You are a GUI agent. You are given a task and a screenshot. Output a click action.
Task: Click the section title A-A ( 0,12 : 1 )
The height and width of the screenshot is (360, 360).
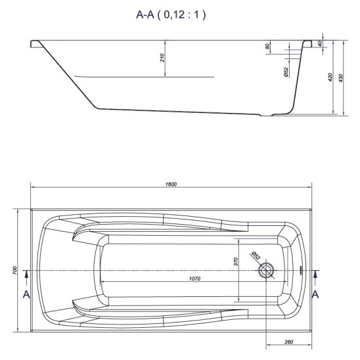point(171,15)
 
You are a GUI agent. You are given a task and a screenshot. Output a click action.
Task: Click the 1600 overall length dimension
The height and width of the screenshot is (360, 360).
point(171,184)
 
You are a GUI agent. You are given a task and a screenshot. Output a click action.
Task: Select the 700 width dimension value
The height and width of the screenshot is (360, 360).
point(14,271)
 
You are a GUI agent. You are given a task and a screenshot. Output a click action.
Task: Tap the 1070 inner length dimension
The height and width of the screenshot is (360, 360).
point(194,279)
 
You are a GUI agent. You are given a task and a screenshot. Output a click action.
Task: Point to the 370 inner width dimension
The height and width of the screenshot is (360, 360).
point(236,261)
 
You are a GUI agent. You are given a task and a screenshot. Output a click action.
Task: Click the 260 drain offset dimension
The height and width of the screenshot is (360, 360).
point(288,342)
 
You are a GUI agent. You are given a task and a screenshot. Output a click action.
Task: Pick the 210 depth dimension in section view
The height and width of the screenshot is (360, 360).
point(162,58)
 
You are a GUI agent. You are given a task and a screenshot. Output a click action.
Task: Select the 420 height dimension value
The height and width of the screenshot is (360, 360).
point(330,78)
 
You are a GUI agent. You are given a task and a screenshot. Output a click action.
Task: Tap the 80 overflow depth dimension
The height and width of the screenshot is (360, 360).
point(267,47)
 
